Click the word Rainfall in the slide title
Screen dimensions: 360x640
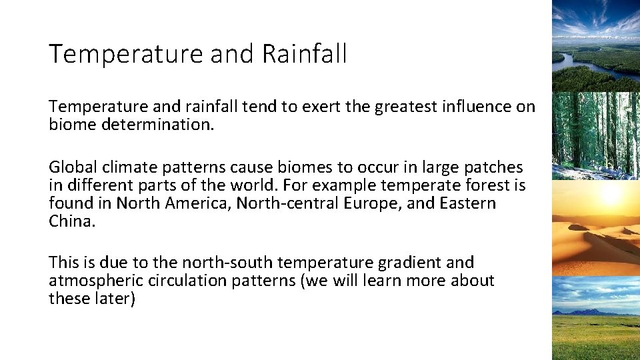[304, 54]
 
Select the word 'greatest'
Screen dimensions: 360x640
[404, 107]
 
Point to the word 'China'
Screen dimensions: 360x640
[71, 221]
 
